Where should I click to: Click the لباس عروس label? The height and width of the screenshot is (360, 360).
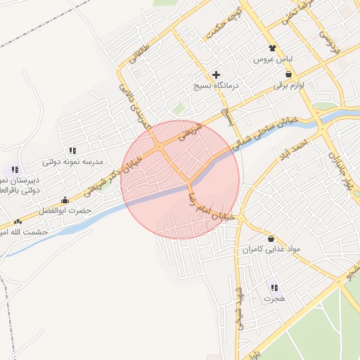coord(273,60)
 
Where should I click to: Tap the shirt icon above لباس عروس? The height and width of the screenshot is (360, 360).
coord(273,48)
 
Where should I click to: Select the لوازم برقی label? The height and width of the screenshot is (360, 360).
coord(288,86)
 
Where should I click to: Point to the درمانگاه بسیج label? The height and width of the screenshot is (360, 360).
coord(217,85)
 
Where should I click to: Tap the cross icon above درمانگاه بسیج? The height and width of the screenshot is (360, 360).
coord(216,74)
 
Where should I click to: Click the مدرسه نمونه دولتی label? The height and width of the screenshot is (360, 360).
coord(72,162)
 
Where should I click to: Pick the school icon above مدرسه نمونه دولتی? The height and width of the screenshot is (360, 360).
coord(72,150)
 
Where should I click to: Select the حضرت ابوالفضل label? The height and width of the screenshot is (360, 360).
coord(65,210)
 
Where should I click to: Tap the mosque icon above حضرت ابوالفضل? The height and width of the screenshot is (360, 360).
coord(65,199)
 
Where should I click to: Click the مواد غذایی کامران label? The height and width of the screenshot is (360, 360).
coord(271,250)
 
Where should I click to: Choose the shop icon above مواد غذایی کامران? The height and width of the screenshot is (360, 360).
coord(271,238)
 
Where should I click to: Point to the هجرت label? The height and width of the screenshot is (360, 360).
coord(274,299)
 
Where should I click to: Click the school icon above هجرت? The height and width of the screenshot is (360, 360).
coord(274,287)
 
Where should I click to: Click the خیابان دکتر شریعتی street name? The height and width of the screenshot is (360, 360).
coord(110,176)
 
